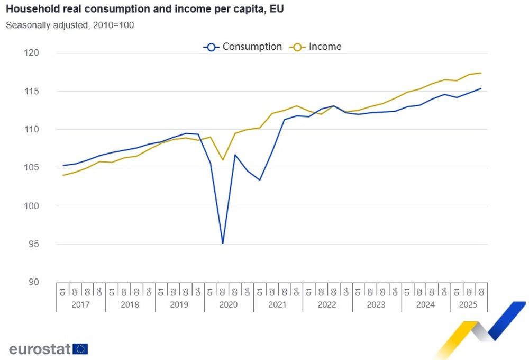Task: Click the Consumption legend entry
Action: click(x=243, y=47)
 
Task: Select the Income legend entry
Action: click(x=316, y=47)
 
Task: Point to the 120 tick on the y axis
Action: click(x=33, y=53)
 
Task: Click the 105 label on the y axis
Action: click(x=33, y=168)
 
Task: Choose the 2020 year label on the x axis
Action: click(x=229, y=305)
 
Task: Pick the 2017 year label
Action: click(x=81, y=305)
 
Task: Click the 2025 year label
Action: click(x=469, y=305)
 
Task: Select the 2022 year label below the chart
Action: click(x=327, y=305)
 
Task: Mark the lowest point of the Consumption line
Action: click(x=223, y=244)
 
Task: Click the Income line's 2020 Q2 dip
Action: click(x=223, y=160)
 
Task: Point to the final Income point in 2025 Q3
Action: click(x=481, y=73)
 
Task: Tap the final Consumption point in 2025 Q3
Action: click(x=481, y=88)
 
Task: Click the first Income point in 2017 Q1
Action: click(x=63, y=175)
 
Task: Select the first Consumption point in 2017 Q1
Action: click(x=63, y=166)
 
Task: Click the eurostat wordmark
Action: click(x=40, y=349)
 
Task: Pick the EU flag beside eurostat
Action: click(x=81, y=349)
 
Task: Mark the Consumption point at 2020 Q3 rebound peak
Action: click(x=235, y=155)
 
